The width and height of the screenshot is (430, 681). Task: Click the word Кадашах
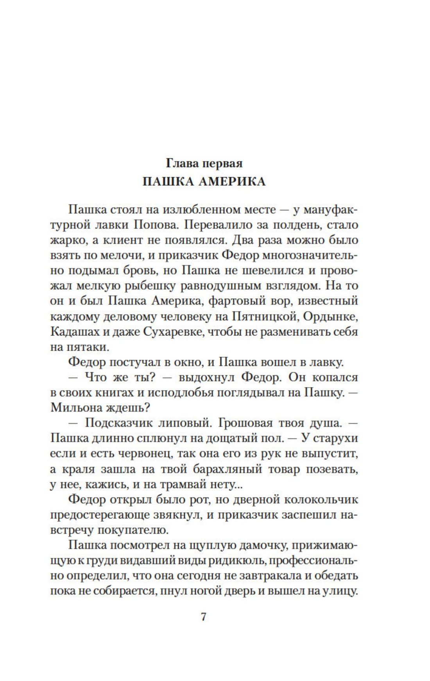click(x=75, y=332)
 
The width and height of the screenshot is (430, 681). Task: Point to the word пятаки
click(x=88, y=347)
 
